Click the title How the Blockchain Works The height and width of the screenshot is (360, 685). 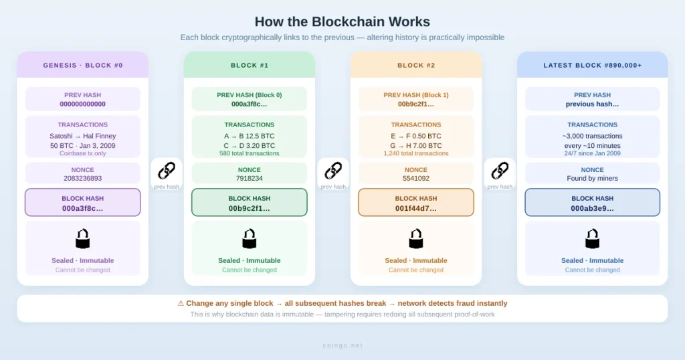342,21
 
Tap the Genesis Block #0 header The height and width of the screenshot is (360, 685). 83,66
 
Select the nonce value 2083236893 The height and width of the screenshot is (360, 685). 83,179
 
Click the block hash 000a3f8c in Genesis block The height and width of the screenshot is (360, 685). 83,208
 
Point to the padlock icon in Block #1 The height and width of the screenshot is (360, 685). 249,239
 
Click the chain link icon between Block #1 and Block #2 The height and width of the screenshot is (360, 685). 333,171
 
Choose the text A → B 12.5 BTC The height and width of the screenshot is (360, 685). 250,136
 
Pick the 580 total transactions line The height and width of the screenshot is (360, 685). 250,154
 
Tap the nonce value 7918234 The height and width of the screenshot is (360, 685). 250,179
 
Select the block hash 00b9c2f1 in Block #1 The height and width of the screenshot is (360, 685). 250,208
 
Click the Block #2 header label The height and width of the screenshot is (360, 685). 416,66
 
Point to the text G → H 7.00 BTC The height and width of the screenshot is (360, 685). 416,145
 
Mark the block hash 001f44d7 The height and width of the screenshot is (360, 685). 416,208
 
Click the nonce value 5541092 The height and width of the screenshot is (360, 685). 416,179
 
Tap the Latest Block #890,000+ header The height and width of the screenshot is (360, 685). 592,66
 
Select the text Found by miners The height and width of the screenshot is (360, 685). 593,179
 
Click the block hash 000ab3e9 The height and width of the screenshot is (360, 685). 593,208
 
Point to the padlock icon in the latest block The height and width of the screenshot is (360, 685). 592,239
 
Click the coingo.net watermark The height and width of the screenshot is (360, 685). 342,345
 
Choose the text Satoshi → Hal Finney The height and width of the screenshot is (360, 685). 83,136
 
